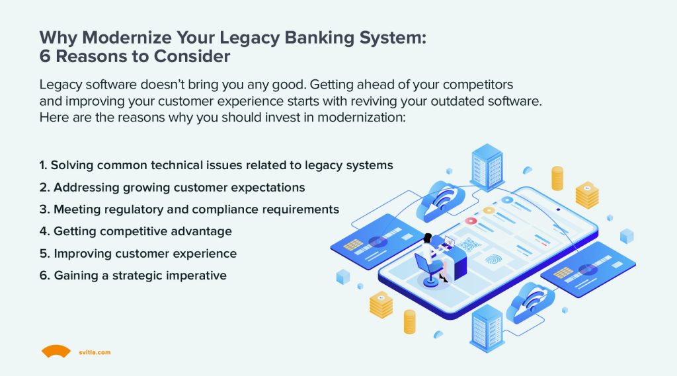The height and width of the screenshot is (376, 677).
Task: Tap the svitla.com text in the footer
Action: (x=96, y=353)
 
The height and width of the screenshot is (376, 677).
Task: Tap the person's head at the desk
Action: (x=428, y=237)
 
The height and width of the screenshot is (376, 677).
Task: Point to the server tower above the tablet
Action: (x=487, y=167)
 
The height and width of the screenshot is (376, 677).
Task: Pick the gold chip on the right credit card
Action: (x=563, y=272)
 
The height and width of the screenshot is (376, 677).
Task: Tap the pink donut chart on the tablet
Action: (x=470, y=221)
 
